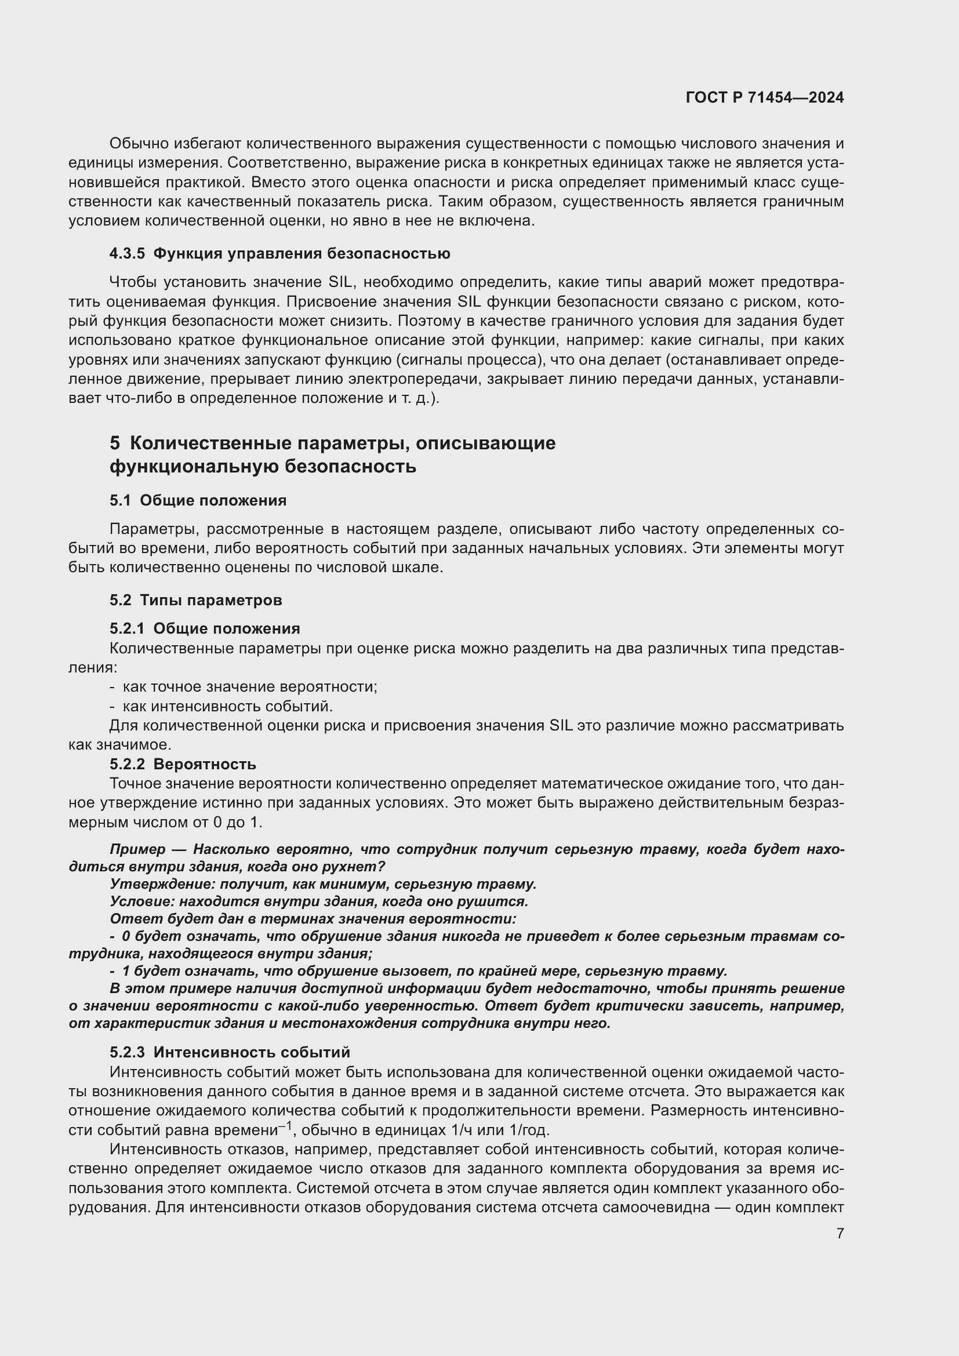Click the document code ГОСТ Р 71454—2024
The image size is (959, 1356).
(765, 97)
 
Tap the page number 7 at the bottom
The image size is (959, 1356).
(840, 1233)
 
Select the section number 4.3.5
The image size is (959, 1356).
(127, 253)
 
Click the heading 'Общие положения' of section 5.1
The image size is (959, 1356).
(213, 500)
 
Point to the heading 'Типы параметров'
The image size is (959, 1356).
(211, 600)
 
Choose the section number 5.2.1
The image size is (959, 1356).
(127, 628)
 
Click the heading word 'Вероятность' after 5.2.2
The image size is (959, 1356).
(204, 764)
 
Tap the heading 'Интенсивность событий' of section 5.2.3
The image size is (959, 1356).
(252, 1052)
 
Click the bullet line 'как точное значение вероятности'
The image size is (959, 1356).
(250, 687)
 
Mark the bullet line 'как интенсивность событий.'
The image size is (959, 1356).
(228, 706)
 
